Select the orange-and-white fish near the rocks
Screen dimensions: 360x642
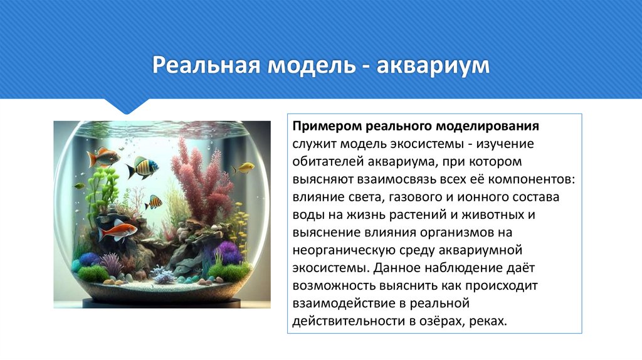coord(117,230)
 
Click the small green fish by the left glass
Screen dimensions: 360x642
coord(79,186)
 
